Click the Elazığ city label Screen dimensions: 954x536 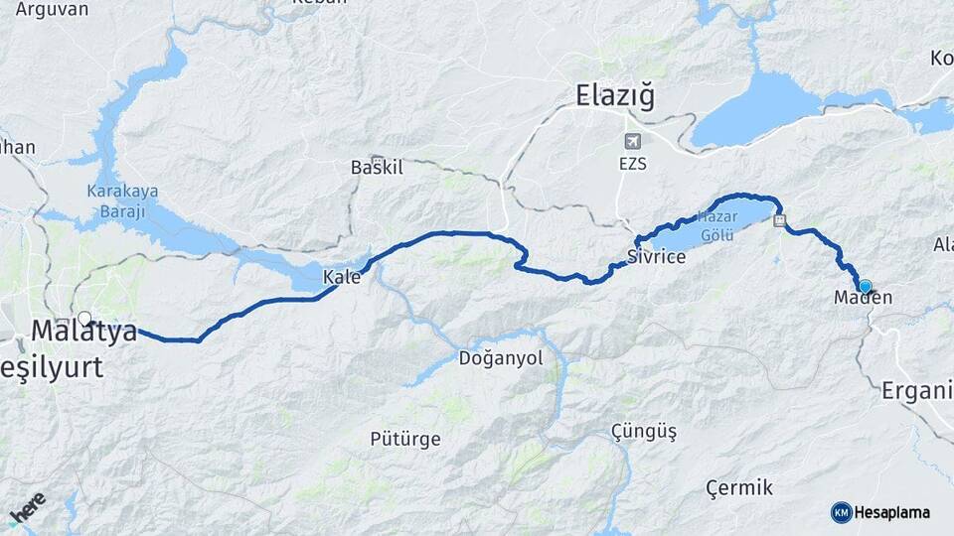[616, 95]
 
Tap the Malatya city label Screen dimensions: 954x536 [84, 332]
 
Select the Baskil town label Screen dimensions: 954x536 [377, 167]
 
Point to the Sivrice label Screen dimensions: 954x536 [656, 257]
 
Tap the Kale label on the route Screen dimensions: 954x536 [342, 278]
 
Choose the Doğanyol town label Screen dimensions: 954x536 [501, 358]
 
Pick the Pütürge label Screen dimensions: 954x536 [404, 438]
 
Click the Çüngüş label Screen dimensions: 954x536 [644, 432]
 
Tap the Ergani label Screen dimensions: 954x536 [916, 390]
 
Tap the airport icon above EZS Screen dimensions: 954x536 [632, 141]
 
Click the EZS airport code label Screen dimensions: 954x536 [631, 164]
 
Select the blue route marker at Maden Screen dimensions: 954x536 [865, 286]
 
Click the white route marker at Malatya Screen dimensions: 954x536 [84, 319]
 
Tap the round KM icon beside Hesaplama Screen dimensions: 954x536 [841, 512]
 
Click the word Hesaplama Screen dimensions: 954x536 [891, 512]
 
